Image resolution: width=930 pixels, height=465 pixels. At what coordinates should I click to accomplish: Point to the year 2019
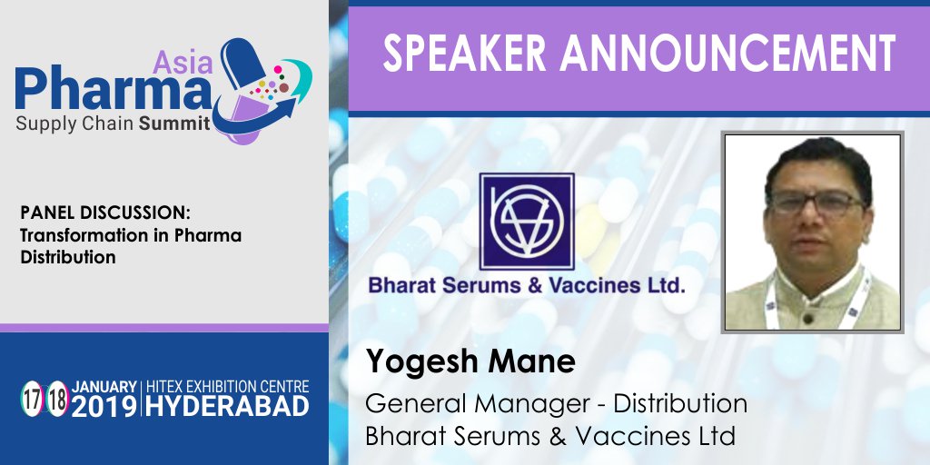tap(105, 406)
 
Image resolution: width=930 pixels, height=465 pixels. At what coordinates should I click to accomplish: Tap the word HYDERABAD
tap(227, 406)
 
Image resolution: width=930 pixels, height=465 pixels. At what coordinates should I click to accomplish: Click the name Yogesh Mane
tap(470, 361)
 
